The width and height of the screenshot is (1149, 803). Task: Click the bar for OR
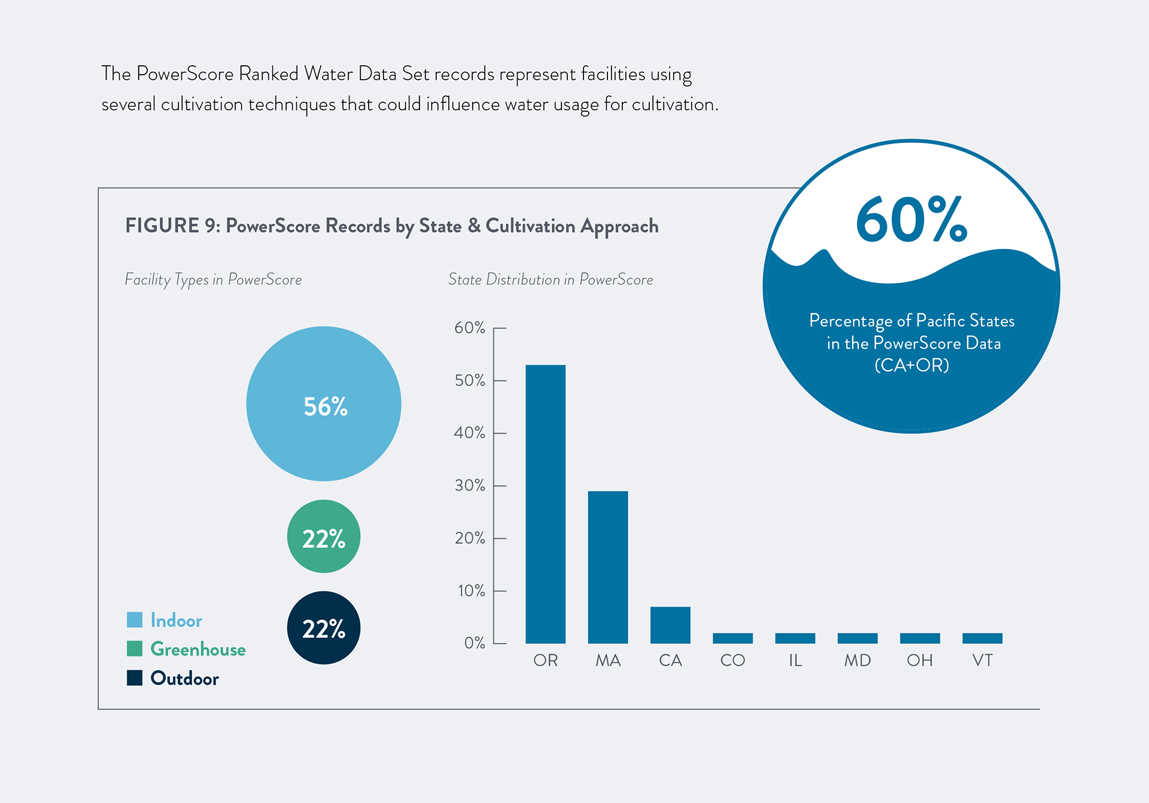(x=545, y=504)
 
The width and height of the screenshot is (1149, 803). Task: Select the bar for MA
(x=608, y=567)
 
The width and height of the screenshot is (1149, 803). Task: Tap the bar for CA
(x=670, y=625)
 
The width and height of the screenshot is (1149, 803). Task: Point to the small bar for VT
(x=982, y=638)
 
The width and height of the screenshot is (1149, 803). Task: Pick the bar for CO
(x=732, y=638)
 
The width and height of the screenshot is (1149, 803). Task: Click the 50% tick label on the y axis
(x=470, y=381)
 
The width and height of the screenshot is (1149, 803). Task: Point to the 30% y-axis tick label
(x=470, y=485)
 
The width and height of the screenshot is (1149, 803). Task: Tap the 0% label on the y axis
(x=475, y=643)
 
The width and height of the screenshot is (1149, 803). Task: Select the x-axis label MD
(x=857, y=661)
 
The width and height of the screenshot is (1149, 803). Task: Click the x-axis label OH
(x=920, y=661)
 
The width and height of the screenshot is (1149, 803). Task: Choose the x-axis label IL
(x=795, y=661)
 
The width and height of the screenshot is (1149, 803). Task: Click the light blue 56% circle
(x=324, y=404)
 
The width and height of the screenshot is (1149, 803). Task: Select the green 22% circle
(x=324, y=537)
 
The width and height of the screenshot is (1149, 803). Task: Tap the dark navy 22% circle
(x=324, y=628)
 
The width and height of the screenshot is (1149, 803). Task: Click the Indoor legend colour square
(x=135, y=620)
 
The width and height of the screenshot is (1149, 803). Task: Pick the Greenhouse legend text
(x=198, y=649)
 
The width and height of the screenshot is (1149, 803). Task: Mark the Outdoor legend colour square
(x=135, y=678)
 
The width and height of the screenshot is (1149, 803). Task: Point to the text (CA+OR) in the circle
(x=911, y=365)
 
